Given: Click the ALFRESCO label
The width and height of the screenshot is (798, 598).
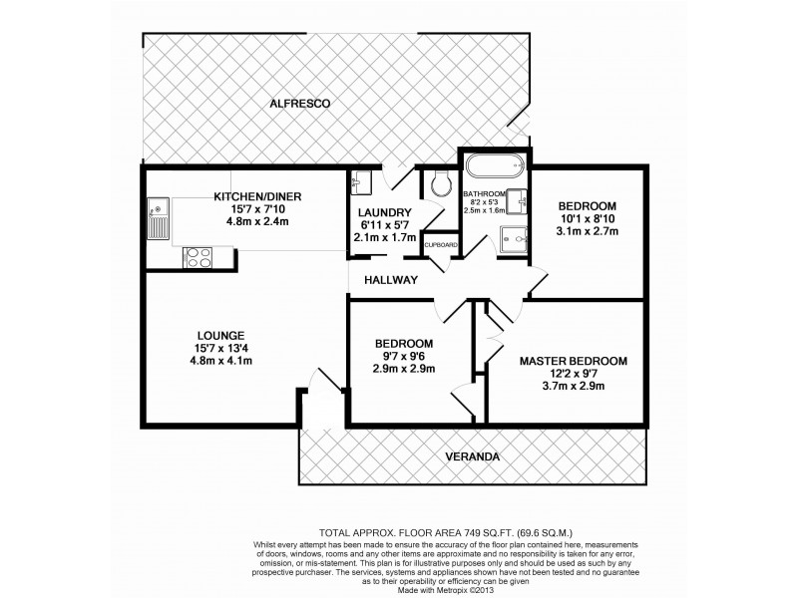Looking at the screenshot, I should pos(299,104).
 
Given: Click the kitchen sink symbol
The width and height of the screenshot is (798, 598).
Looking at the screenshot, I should pos(158,216).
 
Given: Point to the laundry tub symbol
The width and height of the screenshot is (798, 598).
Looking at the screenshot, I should pos(361,182).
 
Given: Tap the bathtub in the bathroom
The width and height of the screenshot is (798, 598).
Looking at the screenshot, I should pos(496,166).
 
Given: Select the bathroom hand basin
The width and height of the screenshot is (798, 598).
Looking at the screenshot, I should pos(518,202).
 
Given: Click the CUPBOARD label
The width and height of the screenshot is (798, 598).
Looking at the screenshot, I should pos(440,244).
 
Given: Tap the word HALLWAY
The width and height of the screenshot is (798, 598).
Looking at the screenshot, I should pos(390,280).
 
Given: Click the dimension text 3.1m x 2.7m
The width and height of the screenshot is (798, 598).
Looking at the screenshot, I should pos(588,231).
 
